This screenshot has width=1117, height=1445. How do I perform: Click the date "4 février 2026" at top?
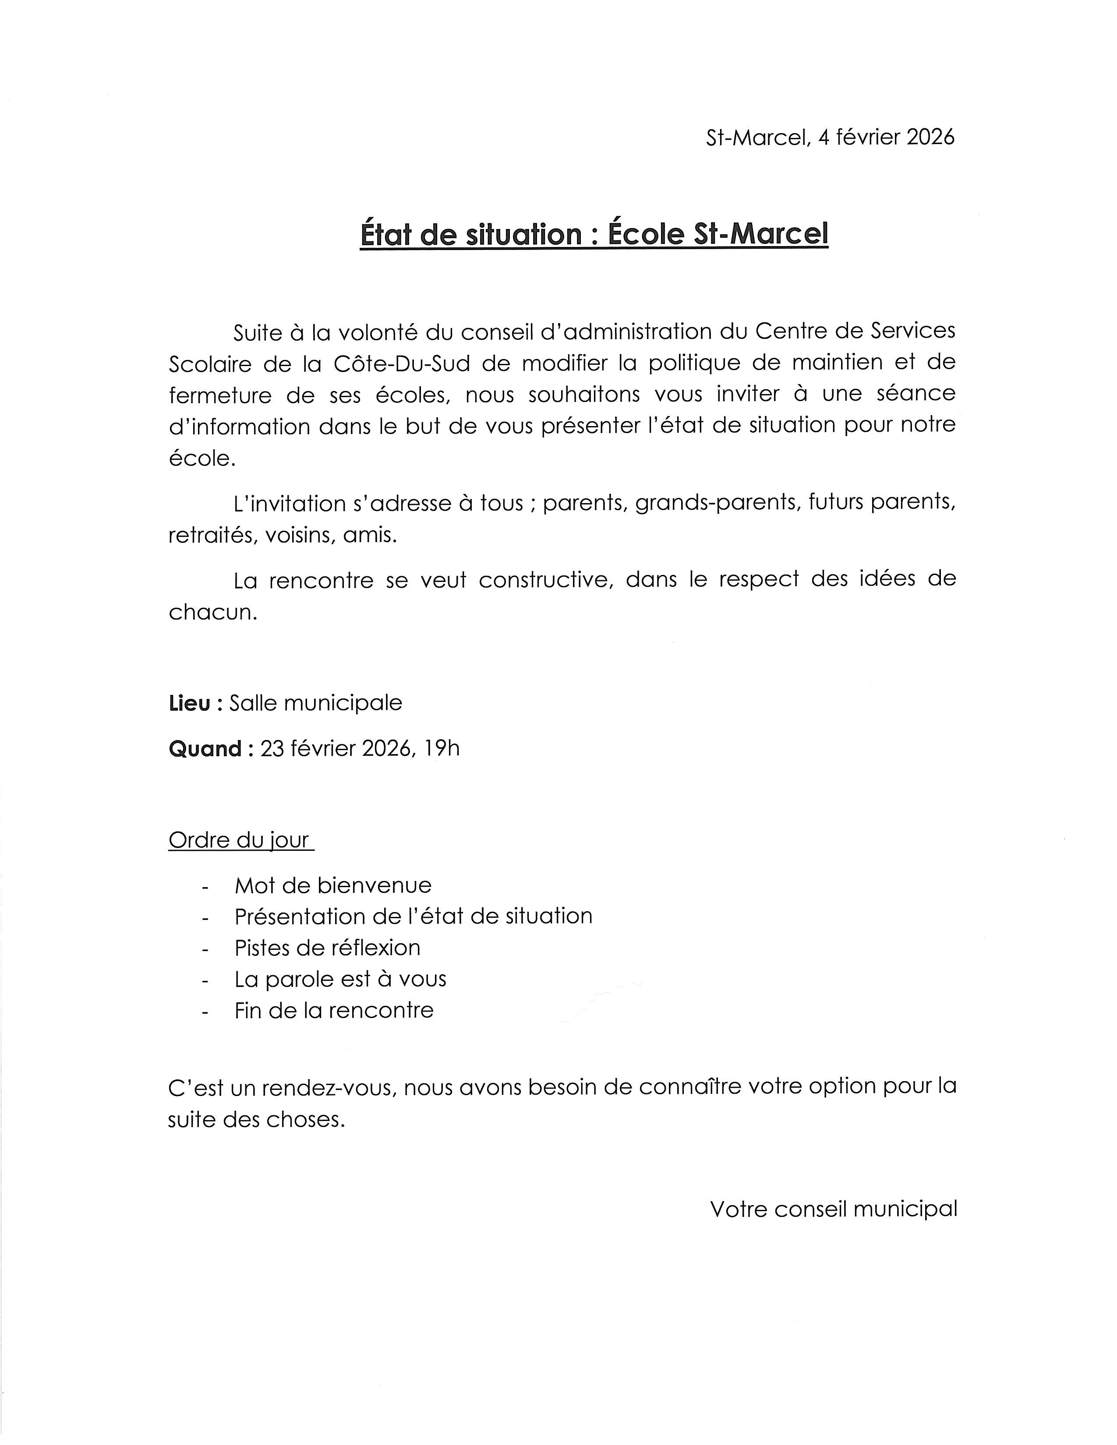pos(886,137)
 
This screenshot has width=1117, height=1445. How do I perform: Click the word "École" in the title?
pos(645,234)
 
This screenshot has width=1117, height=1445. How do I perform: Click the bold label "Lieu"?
pos(189,703)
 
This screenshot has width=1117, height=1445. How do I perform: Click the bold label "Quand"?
pos(205,749)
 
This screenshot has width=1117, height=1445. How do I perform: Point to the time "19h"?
pos(442,748)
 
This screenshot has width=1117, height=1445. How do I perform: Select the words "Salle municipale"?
pos(316,703)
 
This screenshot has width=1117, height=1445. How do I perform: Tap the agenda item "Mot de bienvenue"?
pos(333,885)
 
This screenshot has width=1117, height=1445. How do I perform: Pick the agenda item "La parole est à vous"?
pos(340,979)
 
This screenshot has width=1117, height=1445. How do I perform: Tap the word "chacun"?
pos(212,612)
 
